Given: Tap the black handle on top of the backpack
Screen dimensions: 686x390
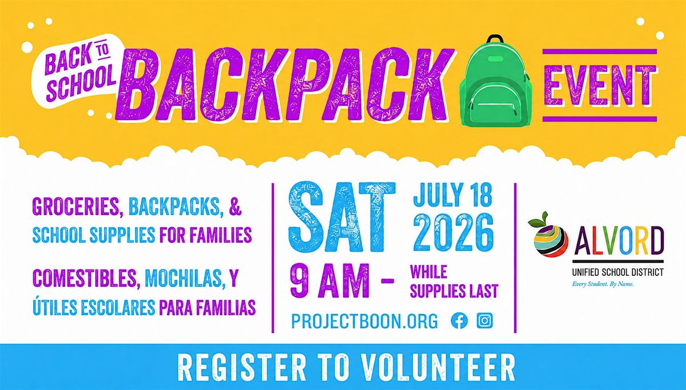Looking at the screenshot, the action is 495,39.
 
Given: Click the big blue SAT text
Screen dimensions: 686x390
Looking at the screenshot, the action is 342,217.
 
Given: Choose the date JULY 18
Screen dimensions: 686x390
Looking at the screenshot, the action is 453,195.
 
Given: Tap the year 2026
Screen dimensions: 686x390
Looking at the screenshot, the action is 453,232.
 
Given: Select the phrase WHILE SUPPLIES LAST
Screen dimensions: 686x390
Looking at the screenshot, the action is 454,281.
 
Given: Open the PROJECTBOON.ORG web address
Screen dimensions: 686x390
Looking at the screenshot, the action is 365,321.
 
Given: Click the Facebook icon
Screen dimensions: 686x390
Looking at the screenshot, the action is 459,321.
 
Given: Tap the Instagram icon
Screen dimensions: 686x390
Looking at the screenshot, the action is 485,321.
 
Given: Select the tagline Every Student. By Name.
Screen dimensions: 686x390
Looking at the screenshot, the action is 603,284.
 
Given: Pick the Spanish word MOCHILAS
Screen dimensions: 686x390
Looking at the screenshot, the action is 183,278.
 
